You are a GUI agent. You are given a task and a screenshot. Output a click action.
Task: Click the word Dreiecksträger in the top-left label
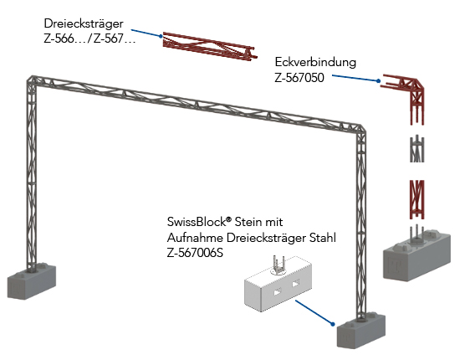84,23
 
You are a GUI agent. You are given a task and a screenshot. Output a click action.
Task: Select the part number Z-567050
299,78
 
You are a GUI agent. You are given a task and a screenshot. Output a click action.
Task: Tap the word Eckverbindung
315,62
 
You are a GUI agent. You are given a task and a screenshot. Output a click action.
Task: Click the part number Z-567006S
195,253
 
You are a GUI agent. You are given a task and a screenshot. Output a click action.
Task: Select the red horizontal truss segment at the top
210,46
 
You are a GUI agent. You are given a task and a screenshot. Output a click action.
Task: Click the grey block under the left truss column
32,281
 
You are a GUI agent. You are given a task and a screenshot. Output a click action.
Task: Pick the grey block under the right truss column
360,332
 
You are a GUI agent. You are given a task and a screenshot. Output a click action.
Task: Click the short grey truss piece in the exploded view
417,149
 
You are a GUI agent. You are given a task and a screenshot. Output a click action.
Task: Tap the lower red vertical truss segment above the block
417,199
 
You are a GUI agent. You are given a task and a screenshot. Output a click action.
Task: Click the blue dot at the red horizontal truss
161,36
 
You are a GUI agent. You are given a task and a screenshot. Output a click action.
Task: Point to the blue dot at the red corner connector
378,80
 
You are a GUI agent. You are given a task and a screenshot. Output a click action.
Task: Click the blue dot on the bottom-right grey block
332,324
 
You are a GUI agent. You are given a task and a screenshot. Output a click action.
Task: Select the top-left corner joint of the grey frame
32,80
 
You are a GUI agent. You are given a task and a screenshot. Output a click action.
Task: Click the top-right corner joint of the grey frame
360,130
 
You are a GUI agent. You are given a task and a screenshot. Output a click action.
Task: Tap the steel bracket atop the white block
279,265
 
